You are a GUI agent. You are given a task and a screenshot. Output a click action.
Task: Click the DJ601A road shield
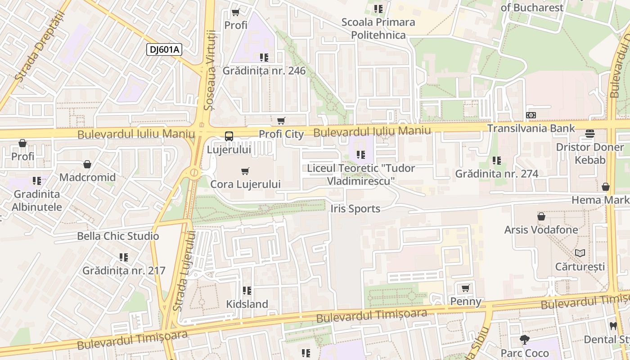(164, 49)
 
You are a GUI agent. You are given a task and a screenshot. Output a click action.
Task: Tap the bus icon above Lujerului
(229, 136)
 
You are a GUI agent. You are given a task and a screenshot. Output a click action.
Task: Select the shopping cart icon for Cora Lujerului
(245, 171)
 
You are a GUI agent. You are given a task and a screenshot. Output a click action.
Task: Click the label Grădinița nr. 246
(264, 71)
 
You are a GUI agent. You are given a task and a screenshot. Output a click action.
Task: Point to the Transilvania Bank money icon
(531, 115)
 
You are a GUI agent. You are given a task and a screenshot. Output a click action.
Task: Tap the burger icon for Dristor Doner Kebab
(590, 134)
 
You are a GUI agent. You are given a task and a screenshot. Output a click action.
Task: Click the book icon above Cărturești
(580, 253)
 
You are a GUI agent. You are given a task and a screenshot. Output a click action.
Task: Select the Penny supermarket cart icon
(466, 288)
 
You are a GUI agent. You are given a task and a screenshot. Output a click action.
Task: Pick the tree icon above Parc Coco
(525, 340)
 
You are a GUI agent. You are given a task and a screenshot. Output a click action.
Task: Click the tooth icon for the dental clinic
(613, 326)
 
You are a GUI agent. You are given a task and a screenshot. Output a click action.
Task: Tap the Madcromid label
(87, 177)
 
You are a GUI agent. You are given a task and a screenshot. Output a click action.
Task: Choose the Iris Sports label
(355, 209)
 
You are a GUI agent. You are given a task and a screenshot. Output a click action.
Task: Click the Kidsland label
(247, 304)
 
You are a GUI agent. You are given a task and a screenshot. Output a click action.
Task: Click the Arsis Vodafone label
(541, 229)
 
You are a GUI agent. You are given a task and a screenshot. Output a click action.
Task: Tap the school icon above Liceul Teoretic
(360, 155)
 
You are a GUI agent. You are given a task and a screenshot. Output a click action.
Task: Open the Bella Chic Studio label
(118, 236)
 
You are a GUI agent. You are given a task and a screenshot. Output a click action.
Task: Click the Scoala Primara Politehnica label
(378, 28)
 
